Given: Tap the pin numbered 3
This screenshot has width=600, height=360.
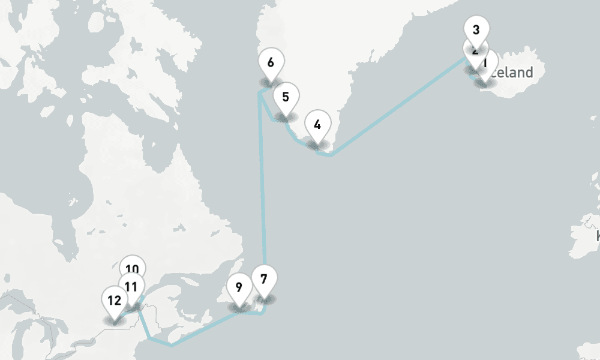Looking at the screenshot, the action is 476,29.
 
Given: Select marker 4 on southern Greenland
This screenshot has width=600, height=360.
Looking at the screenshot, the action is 317,124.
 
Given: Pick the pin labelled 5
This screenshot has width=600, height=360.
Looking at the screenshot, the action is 286,96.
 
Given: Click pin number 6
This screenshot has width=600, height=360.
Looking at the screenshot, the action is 271,62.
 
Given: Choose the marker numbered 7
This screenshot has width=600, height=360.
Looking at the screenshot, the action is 264,278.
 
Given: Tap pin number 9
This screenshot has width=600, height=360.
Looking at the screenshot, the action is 239,287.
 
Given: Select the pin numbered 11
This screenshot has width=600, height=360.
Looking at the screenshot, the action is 131,286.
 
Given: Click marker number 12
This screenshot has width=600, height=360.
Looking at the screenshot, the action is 115,299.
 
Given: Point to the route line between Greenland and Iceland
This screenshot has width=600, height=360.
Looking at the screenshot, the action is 396,108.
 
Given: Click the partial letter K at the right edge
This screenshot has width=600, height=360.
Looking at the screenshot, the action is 598,236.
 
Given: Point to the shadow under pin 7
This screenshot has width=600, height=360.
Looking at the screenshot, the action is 264,298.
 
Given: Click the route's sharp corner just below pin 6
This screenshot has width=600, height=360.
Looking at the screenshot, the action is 259,93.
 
